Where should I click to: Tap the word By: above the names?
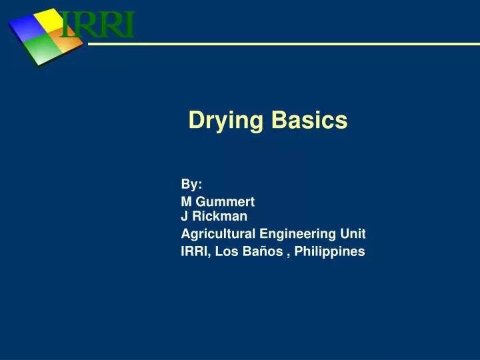[x=192, y=184]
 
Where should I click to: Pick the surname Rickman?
[x=220, y=216]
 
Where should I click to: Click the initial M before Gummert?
[x=186, y=201]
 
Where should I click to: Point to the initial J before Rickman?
[x=185, y=216]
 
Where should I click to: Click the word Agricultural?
[x=217, y=233]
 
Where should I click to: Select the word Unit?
[x=353, y=233]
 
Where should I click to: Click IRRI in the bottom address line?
[x=194, y=251]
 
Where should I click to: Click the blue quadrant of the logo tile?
[x=26, y=27]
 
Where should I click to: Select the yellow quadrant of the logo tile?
[x=52, y=20]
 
